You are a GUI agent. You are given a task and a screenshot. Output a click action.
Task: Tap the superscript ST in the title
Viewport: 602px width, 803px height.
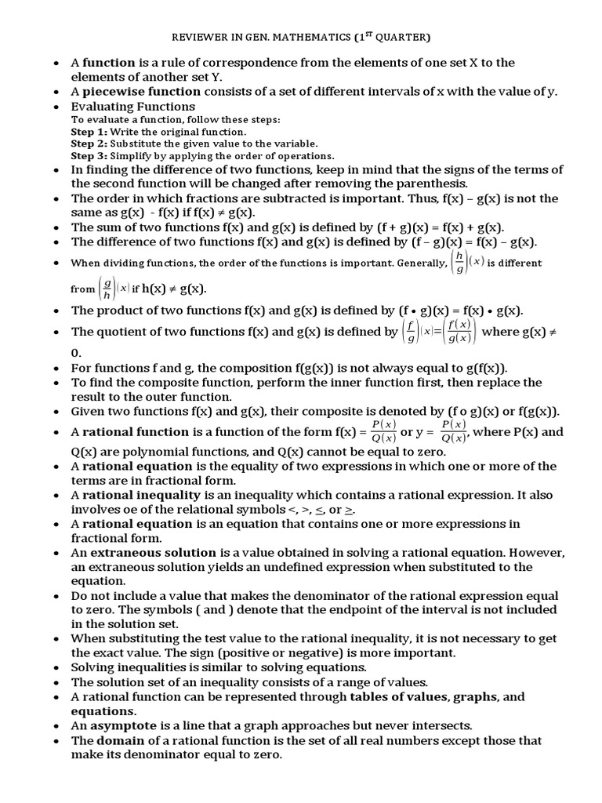pos(368,34)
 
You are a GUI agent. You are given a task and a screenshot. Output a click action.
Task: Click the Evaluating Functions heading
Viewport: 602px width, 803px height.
pos(133,106)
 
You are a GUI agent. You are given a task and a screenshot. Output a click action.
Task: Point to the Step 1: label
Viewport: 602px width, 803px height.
pos(89,132)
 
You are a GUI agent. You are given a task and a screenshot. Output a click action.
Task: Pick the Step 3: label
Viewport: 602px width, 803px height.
pos(89,156)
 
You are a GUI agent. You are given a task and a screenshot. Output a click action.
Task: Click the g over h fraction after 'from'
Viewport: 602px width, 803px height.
pos(107,289)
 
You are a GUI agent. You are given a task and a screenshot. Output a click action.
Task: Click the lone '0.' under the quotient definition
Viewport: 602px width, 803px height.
pos(77,354)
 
